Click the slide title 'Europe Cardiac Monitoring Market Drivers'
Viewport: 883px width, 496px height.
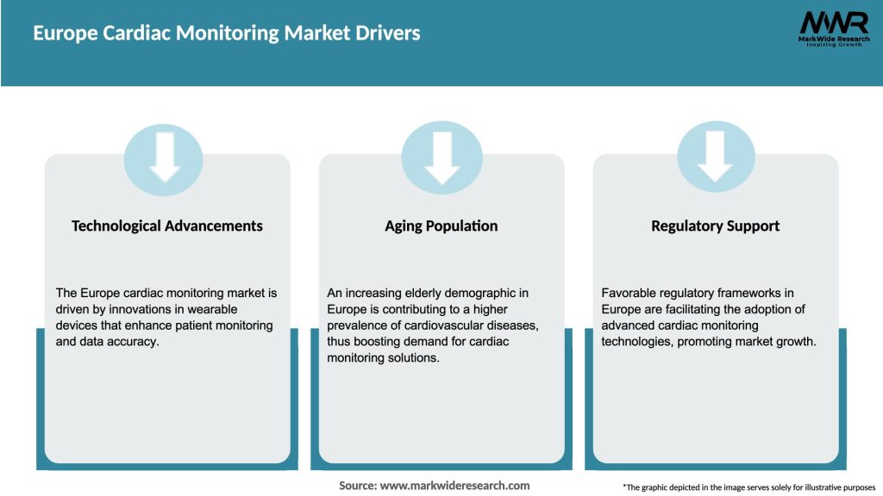click(x=226, y=33)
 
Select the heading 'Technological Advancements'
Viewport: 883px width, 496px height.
click(x=166, y=226)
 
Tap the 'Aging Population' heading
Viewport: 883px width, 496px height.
click(x=441, y=226)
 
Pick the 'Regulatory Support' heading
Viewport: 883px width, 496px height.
click(x=715, y=226)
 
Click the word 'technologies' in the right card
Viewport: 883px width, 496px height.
click(x=638, y=342)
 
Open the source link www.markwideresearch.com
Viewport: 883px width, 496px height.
click(x=454, y=486)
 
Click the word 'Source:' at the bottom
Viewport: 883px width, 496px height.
click(x=358, y=486)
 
